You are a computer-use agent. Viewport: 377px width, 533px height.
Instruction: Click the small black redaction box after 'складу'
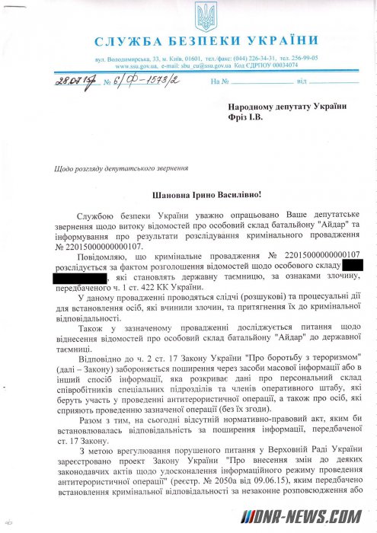(x=353, y=265)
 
